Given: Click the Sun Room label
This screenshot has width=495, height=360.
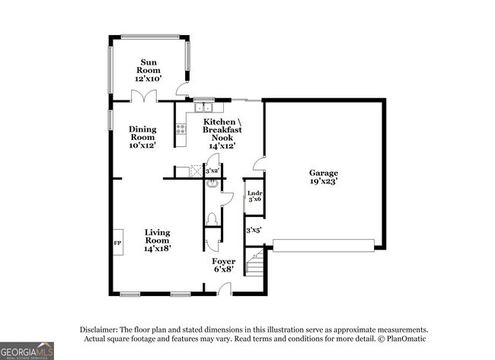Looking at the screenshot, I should (x=148, y=70).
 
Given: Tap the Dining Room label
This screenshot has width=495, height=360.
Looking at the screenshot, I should (x=142, y=137).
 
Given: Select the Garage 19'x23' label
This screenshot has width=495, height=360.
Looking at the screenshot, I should (x=323, y=177).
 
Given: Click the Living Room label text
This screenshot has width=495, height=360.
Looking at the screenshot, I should (x=158, y=240).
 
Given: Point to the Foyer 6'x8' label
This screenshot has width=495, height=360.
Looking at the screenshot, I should (x=223, y=265).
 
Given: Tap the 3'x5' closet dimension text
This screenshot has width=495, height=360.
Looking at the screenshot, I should (x=254, y=229).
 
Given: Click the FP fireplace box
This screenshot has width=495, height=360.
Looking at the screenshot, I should (x=117, y=243).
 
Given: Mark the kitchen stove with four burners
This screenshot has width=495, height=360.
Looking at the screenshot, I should (x=181, y=129).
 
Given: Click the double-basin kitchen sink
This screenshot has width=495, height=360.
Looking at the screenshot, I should (x=203, y=107).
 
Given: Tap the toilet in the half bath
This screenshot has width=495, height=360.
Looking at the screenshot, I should (x=212, y=219).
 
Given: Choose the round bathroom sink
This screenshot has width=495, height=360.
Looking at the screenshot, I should (x=212, y=183).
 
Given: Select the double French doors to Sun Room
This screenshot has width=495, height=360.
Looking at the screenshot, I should (x=143, y=96).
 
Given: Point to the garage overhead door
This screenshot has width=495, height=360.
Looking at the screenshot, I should (x=324, y=245).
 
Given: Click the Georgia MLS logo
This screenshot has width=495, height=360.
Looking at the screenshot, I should (x=27, y=351).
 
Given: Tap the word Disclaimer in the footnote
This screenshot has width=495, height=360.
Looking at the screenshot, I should (x=103, y=329).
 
